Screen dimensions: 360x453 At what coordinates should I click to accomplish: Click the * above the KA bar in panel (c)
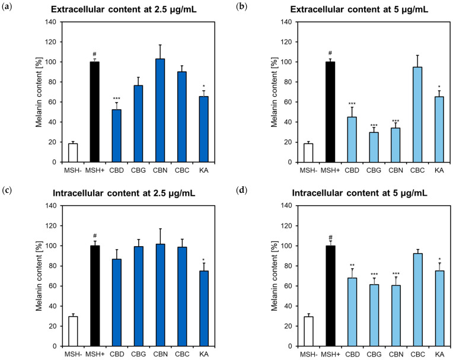point(203,259)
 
